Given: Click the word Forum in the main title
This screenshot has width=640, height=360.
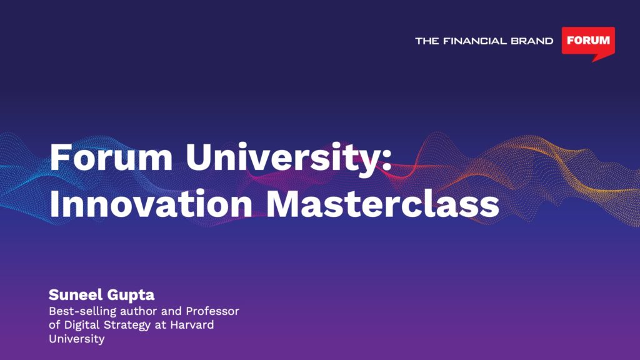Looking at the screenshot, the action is click(111, 157).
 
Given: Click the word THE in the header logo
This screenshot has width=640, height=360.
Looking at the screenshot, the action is click(427, 41).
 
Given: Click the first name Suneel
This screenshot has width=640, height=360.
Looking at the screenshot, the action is click(76, 294).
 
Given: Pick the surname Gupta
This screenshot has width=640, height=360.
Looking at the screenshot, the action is click(131, 295).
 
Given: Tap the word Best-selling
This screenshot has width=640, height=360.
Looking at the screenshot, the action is click(82, 312).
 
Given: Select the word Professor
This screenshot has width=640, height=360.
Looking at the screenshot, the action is click(212, 311).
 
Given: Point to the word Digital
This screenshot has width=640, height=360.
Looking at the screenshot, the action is click(82, 326).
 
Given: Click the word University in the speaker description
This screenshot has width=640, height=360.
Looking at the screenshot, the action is click(77, 339).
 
